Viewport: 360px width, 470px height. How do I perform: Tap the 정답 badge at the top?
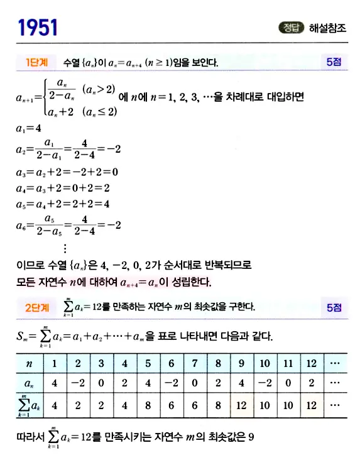coord(290,28)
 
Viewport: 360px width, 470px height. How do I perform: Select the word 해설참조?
coord(327,28)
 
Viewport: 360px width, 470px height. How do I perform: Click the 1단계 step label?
coord(36,63)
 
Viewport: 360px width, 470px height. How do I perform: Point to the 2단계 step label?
coord(36,307)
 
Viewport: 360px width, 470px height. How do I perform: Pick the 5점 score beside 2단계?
coord(334,307)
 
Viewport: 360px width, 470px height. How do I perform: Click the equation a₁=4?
coord(29,128)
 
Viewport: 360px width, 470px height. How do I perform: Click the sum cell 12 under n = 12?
coord(311,405)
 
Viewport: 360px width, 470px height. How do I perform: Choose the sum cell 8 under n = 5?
coord(148,405)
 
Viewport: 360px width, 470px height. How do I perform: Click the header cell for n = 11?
coord(288,363)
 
